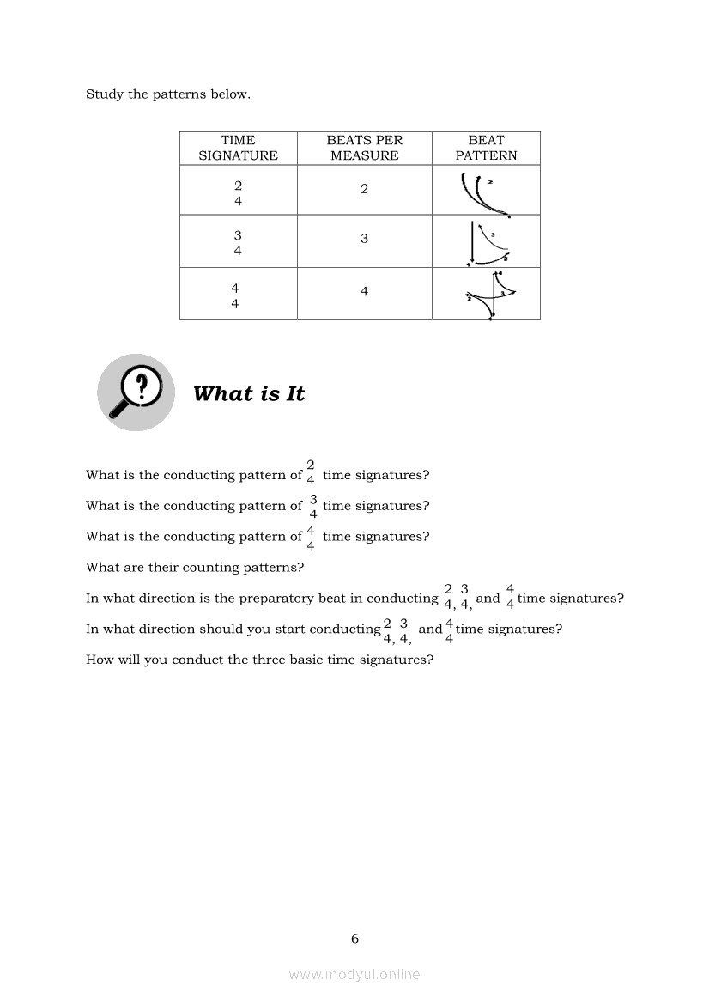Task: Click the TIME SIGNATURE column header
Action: coord(238,148)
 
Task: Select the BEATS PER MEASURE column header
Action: coord(364,148)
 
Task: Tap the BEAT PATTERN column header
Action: coord(486,148)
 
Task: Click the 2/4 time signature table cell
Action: coord(238,193)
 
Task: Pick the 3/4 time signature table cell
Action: coord(238,243)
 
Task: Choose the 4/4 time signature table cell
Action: coord(235,295)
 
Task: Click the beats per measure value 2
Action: coord(364,189)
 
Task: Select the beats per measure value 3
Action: coord(364,239)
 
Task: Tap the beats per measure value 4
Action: coord(364,292)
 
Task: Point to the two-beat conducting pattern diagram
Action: coord(485,194)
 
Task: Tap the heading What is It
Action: coord(249,394)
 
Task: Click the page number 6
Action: coord(354,939)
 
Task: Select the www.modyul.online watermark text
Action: coord(354,974)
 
